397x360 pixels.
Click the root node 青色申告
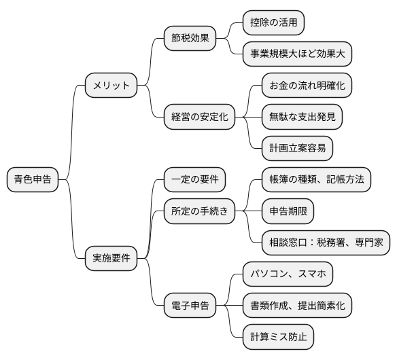tap(32, 180)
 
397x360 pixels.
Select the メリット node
tap(111, 86)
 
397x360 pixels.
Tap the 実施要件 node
tap(111, 257)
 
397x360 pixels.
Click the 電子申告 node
tap(190, 305)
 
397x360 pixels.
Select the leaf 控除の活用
tap(274, 23)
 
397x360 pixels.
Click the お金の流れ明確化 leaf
tap(307, 86)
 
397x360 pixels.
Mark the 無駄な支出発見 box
tap(302, 117)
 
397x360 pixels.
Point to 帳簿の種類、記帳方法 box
tap(316, 180)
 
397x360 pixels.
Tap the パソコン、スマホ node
tap(288, 274)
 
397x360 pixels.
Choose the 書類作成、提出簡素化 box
tap(297, 305)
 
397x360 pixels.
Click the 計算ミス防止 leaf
tap(279, 336)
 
